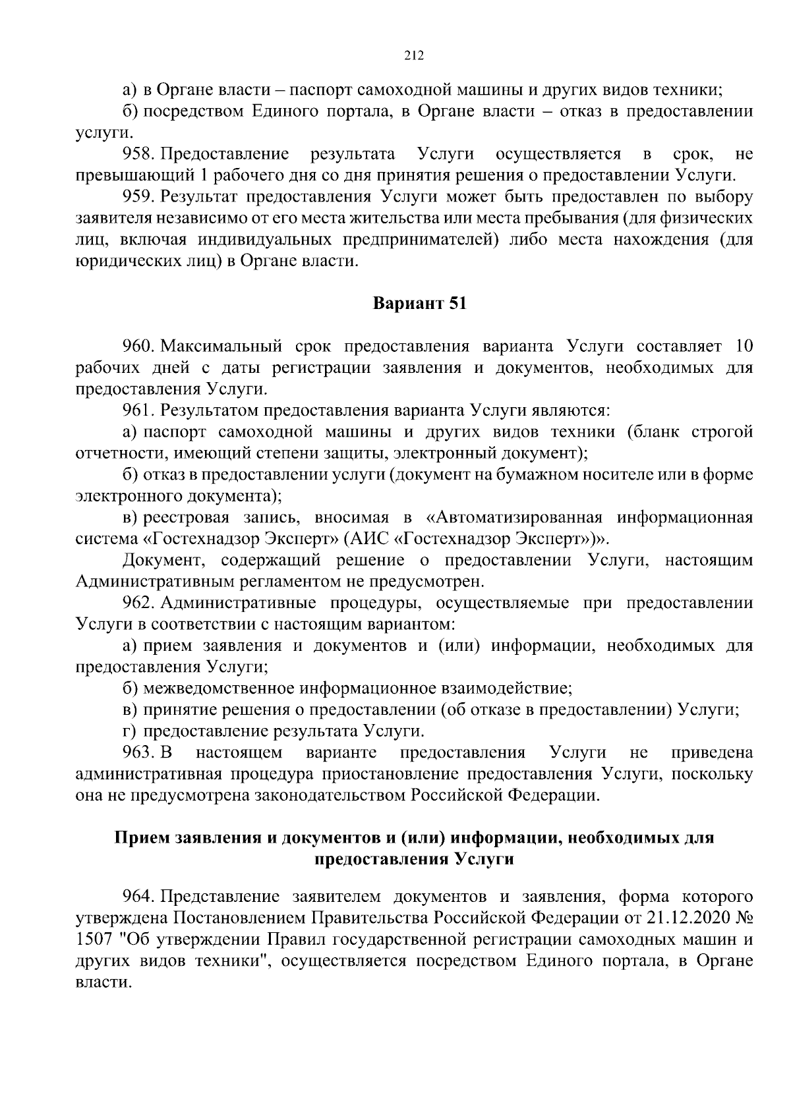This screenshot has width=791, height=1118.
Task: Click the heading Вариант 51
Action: click(x=420, y=304)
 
